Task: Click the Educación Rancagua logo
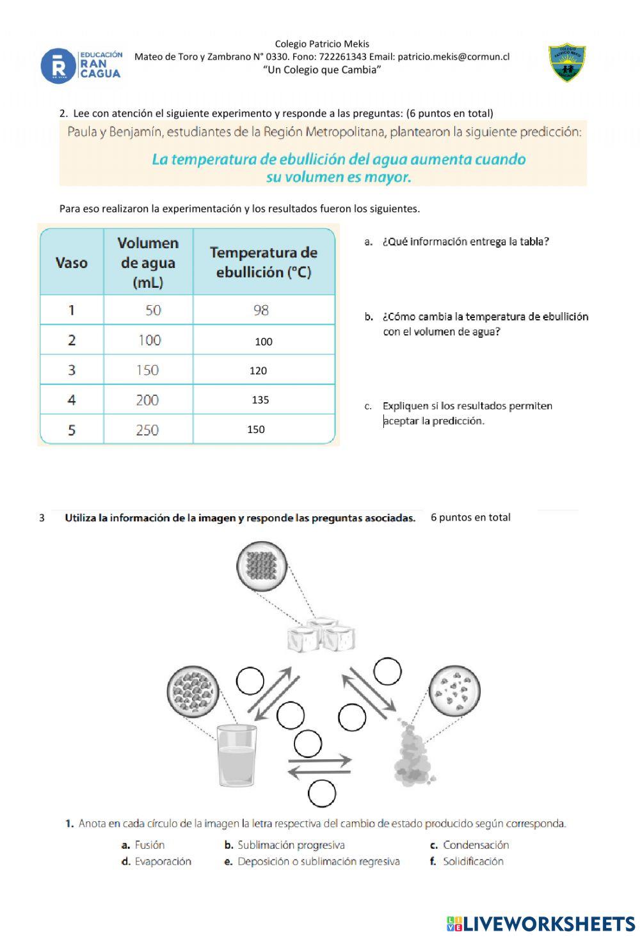[81, 65]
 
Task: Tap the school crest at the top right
[567, 63]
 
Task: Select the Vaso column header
[72, 263]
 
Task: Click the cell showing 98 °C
[261, 310]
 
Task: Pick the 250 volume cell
[148, 430]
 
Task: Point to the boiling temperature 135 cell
[260, 400]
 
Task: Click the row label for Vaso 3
[72, 370]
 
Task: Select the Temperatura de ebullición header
[264, 262]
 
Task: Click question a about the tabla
[465, 242]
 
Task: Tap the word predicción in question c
[458, 421]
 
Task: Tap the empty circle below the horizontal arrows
[321, 794]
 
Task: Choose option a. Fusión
[143, 845]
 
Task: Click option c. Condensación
[470, 845]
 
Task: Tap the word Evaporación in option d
[163, 862]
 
